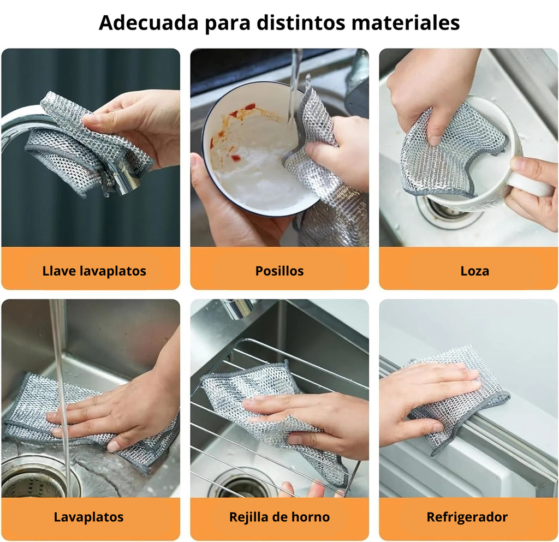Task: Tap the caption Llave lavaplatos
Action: coord(94,271)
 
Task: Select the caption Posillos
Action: coord(279,271)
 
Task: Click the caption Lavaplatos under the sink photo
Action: coord(88,517)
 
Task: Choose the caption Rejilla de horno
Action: coord(279,517)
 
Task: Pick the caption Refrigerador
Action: coord(467,517)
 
